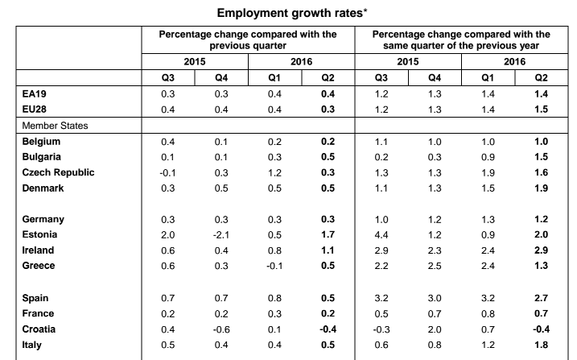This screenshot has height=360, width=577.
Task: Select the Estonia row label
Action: [39, 234]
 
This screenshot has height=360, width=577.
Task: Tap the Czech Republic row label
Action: [58, 172]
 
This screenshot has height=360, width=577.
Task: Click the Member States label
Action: [55, 126]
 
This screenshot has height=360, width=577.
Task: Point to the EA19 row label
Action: [35, 94]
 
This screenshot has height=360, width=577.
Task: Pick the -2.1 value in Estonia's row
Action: [221, 235]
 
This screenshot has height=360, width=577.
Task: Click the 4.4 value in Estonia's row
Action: [381, 235]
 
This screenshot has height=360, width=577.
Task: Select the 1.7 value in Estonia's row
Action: [328, 234]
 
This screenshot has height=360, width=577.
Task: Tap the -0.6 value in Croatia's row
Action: [221, 329]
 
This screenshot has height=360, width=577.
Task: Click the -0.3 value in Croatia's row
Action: [381, 329]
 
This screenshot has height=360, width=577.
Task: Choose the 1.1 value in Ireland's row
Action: [328, 250]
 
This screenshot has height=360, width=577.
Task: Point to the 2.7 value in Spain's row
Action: [542, 298]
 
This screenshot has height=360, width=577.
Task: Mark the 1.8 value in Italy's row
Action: [542, 345]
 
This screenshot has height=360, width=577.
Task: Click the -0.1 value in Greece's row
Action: [274, 266]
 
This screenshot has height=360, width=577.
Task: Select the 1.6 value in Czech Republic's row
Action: [542, 172]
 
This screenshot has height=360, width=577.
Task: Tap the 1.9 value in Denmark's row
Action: [542, 188]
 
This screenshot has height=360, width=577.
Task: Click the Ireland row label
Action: [39, 250]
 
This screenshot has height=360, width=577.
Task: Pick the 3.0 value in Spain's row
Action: [435, 298]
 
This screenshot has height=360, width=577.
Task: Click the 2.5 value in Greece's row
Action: [435, 266]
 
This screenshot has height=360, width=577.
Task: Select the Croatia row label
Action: [39, 329]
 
